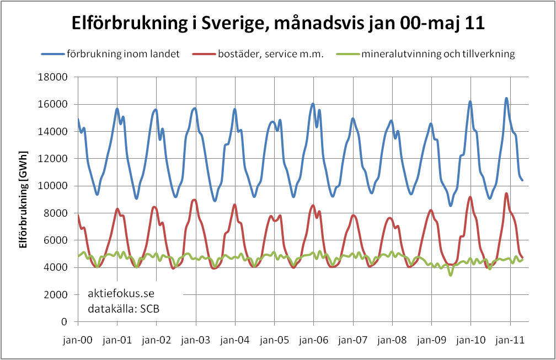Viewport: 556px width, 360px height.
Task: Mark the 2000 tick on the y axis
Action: pyautogui.click(x=57, y=294)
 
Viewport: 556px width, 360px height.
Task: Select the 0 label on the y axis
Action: pyautogui.click(x=64, y=321)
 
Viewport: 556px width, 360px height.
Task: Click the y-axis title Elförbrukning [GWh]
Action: pyautogui.click(x=24, y=199)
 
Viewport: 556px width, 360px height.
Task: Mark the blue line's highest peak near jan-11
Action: pyautogui.click(x=506, y=99)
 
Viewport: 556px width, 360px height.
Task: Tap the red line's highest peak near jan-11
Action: pyautogui.click(x=506, y=194)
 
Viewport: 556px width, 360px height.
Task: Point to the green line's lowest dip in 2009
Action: pyautogui.click(x=451, y=275)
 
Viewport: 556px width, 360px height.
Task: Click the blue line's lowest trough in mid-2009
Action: pyautogui.click(x=451, y=206)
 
